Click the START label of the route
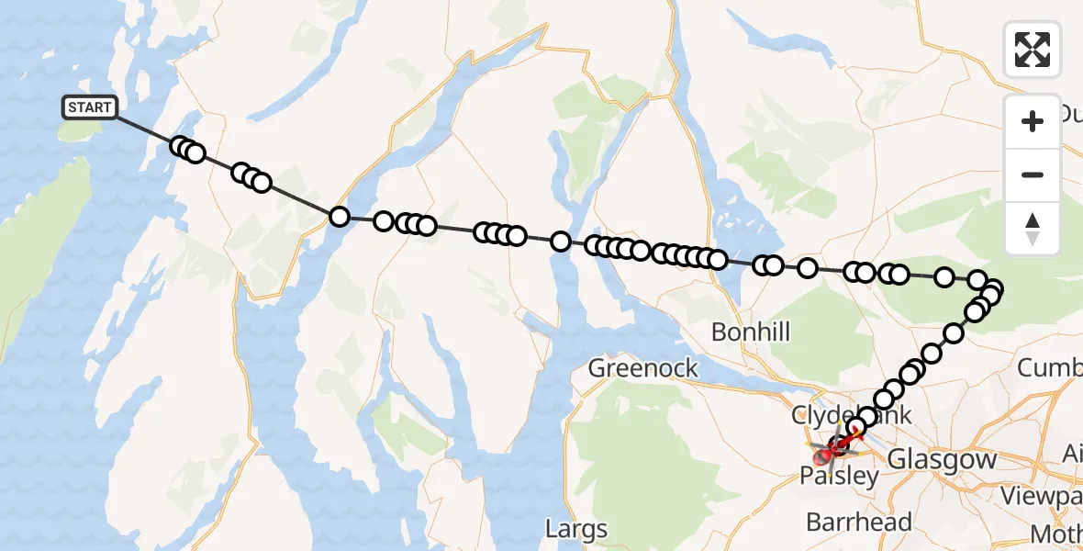[89, 107]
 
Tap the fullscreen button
[1033, 49]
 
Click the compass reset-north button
[1033, 228]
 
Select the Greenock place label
[642, 368]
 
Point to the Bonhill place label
[750, 332]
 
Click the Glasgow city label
[943, 458]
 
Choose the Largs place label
[576, 529]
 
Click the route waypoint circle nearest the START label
[180, 146]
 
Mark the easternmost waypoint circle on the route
[993, 290]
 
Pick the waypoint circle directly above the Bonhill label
[762, 265]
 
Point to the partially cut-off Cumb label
[1050, 368]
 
